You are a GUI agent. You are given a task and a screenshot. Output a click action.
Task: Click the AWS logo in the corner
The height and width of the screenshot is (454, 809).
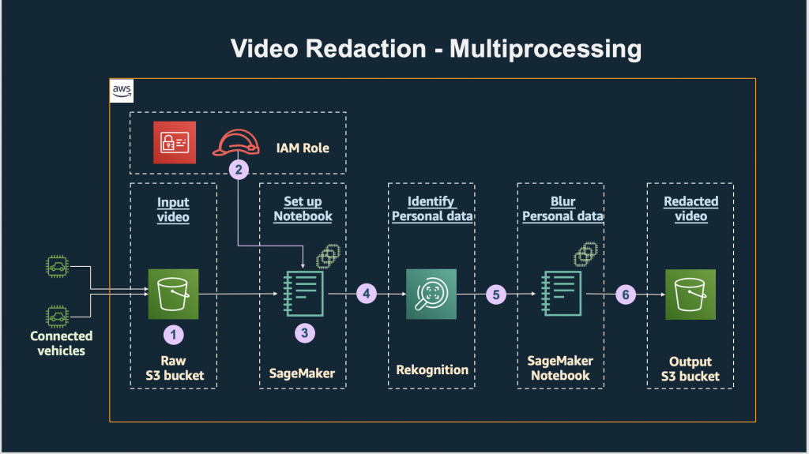pyautogui.click(x=121, y=92)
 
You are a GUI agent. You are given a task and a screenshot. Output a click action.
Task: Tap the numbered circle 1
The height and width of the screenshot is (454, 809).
pyautogui.click(x=174, y=334)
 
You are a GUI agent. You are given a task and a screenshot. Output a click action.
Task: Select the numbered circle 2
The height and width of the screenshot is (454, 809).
pyautogui.click(x=238, y=168)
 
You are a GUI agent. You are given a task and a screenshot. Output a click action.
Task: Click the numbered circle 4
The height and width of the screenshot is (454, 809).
pyautogui.click(x=367, y=294)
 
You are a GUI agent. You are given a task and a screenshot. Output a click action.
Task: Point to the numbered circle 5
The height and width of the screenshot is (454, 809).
pyautogui.click(x=496, y=295)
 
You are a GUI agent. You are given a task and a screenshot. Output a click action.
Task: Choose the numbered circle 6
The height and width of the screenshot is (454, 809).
pyautogui.click(x=626, y=295)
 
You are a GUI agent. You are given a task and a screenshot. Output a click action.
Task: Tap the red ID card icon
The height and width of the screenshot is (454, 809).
pyautogui.click(x=174, y=143)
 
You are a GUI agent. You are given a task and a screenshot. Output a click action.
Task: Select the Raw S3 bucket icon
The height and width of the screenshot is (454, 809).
pyautogui.click(x=174, y=294)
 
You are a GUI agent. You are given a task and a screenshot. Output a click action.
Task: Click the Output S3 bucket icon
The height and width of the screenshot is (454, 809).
pyautogui.click(x=690, y=294)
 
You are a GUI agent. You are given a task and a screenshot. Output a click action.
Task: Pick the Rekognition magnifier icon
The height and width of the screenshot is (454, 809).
pyautogui.click(x=431, y=294)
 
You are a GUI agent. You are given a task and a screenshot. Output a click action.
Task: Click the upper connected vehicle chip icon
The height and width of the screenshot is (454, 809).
pyautogui.click(x=56, y=268)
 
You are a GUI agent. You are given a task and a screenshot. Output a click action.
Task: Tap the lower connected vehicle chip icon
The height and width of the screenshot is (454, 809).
pyautogui.click(x=56, y=317)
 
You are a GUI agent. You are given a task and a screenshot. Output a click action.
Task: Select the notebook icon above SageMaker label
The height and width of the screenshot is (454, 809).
pyautogui.click(x=303, y=294)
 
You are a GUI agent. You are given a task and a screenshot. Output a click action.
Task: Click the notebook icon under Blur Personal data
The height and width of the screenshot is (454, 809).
pyautogui.click(x=561, y=294)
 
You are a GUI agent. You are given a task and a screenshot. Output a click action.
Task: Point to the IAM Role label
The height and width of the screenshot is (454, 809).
pyautogui.click(x=303, y=147)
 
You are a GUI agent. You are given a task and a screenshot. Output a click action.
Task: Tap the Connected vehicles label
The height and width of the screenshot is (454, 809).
pyautogui.click(x=61, y=343)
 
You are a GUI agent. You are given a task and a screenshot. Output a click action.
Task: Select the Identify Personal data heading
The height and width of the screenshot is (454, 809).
pyautogui.click(x=431, y=208)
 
